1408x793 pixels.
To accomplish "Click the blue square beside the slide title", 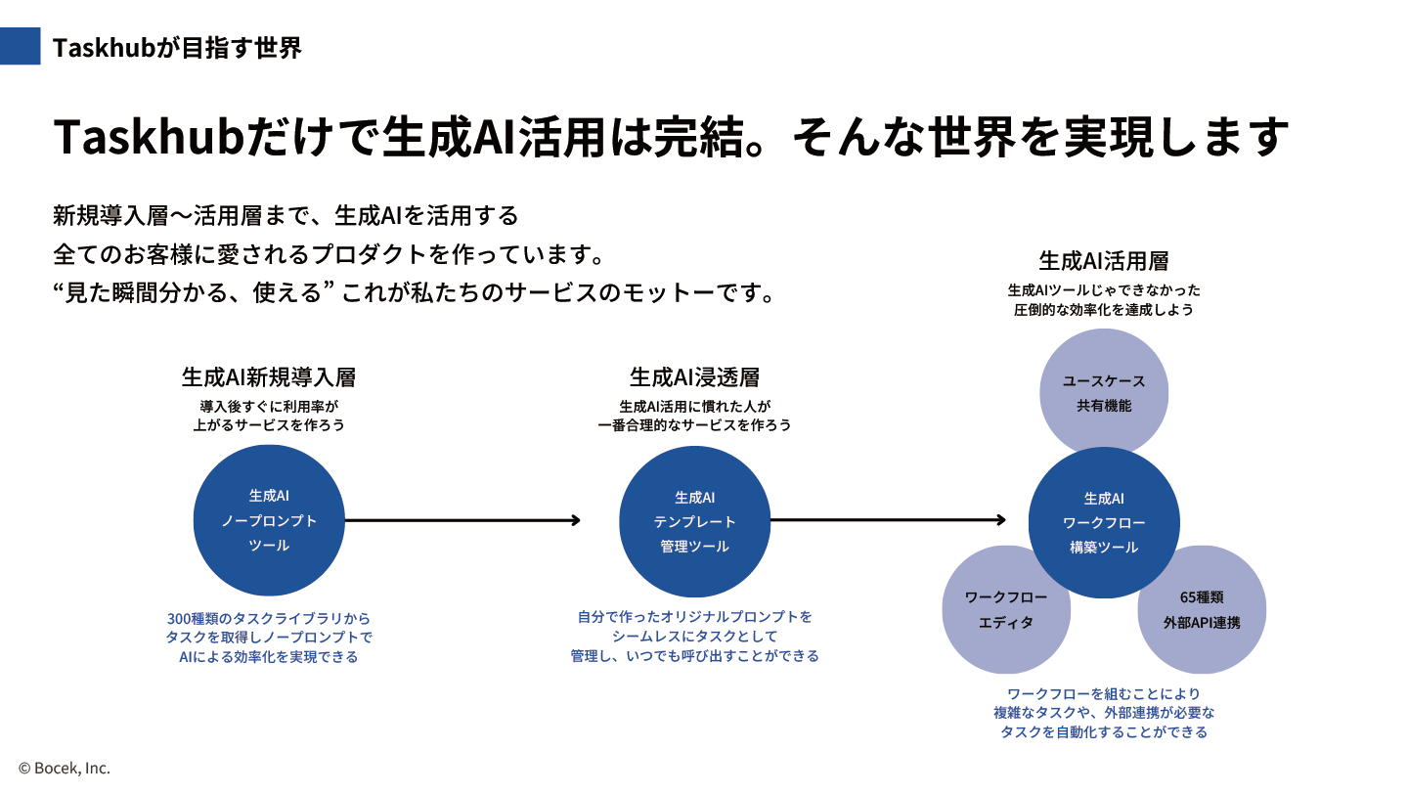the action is (x=21, y=46).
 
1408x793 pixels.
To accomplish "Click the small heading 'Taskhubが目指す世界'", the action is (x=177, y=48).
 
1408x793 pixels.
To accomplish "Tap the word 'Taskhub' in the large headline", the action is (x=149, y=137).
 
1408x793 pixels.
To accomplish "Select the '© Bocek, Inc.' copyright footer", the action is (x=65, y=768).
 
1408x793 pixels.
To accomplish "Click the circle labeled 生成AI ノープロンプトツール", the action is (x=269, y=520).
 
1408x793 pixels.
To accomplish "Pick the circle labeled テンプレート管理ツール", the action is (x=694, y=521).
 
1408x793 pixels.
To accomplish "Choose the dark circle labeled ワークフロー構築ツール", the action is (x=1104, y=523).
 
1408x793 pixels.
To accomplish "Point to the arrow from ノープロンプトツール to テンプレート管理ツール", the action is (x=462, y=520).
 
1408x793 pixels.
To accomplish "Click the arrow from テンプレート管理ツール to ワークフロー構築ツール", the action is (x=888, y=519).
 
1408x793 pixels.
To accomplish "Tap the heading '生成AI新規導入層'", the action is (x=269, y=377).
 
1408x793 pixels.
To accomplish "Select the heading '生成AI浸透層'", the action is (x=694, y=377).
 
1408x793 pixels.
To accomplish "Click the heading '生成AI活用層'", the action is (x=1104, y=261).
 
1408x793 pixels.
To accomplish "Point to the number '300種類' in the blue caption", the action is (x=193, y=619).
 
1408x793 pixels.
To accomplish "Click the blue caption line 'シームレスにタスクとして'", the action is (x=694, y=637).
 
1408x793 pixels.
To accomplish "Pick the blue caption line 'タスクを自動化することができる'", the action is (x=1104, y=732).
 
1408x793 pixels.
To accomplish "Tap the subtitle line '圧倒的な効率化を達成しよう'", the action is (x=1104, y=310).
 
